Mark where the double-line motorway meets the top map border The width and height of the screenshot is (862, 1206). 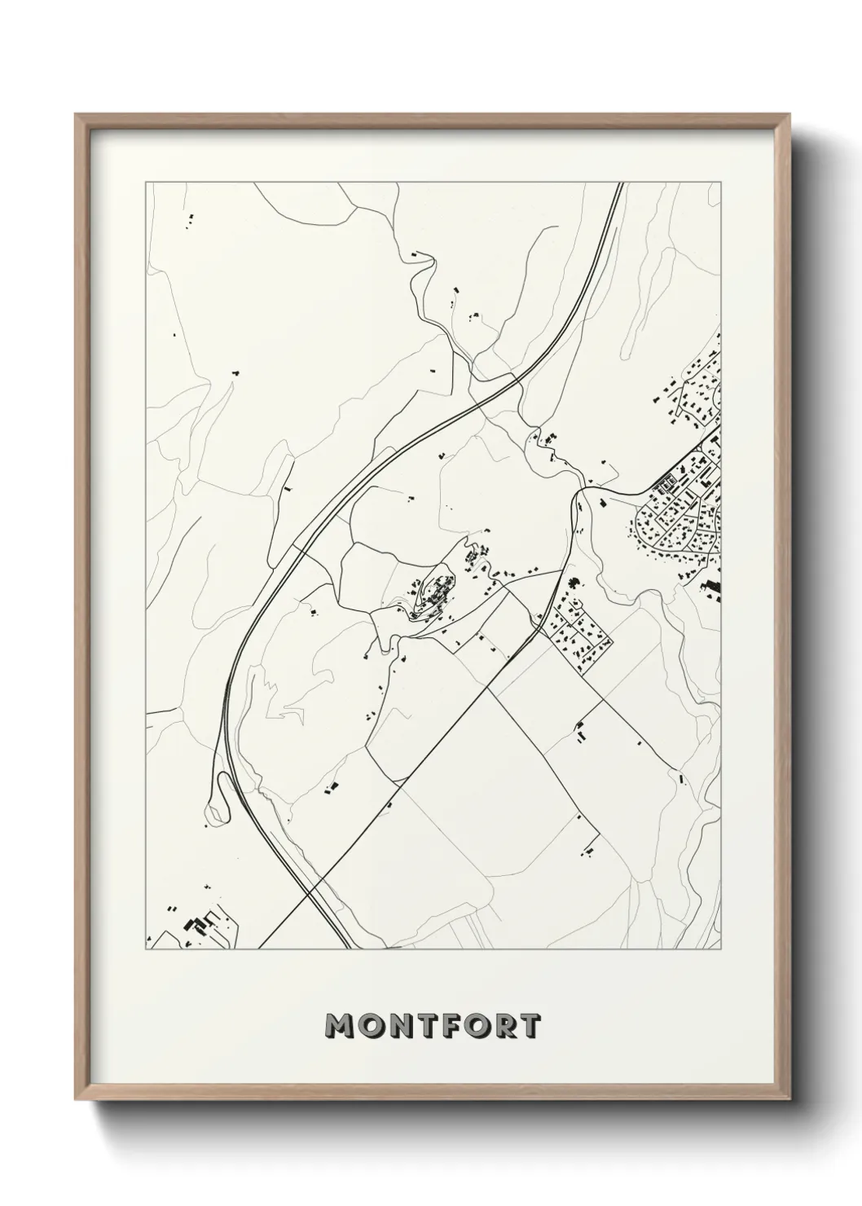click(x=620, y=183)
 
